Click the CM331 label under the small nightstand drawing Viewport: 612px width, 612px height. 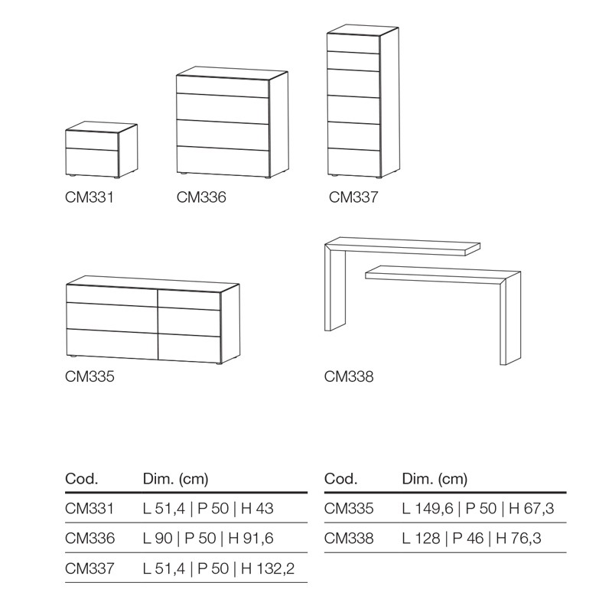pyautogui.click(x=90, y=197)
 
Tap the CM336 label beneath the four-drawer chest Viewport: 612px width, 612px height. pyautogui.click(x=201, y=197)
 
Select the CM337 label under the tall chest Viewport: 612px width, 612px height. pyautogui.click(x=353, y=197)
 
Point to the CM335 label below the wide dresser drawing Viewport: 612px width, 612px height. pyautogui.click(x=90, y=376)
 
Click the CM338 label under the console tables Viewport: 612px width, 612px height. pyautogui.click(x=349, y=376)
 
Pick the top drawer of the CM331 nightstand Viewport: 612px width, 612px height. pyautogui.click(x=92, y=140)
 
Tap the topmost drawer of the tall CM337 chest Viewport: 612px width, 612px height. pyautogui.click(x=353, y=43)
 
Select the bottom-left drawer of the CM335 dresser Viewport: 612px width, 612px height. pyautogui.click(x=112, y=343)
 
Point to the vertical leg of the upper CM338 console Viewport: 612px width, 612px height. pyautogui.click(x=335, y=289)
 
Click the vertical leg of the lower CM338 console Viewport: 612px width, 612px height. pyautogui.click(x=510, y=320)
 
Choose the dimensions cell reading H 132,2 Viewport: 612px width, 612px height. pyautogui.click(x=219, y=568)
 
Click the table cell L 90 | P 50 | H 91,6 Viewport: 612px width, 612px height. pyautogui.click(x=208, y=539)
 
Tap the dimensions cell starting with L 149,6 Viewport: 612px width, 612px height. pyautogui.click(x=477, y=509)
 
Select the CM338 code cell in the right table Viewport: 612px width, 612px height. pyautogui.click(x=349, y=539)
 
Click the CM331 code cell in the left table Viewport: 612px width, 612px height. pyautogui.click(x=90, y=509)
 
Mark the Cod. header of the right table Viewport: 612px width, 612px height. pyautogui.click(x=340, y=479)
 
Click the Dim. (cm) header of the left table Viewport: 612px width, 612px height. pyautogui.click(x=176, y=479)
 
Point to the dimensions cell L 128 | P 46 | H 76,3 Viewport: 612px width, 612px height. pyautogui.click(x=471, y=539)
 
